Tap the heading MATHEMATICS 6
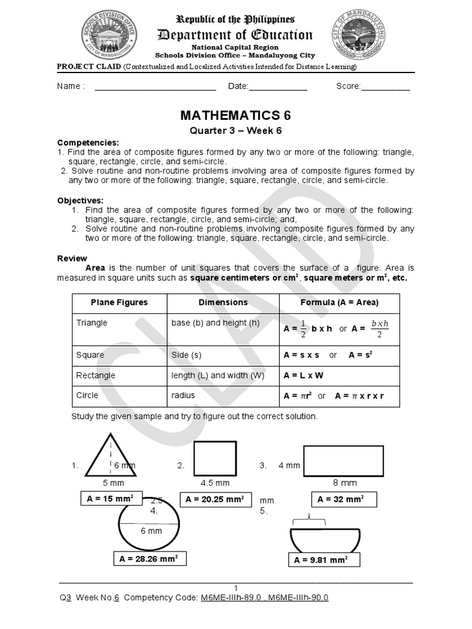tap(235, 116)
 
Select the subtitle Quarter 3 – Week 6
tap(235, 130)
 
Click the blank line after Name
tap(155, 87)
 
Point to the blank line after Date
tap(278, 87)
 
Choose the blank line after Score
tap(385, 87)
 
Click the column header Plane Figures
tap(119, 303)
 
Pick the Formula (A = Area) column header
tap(339, 303)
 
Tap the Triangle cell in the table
tap(92, 323)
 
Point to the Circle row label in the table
tap(87, 396)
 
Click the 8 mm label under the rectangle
tap(345, 483)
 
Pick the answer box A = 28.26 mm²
tap(150, 558)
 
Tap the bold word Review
tap(72, 259)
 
